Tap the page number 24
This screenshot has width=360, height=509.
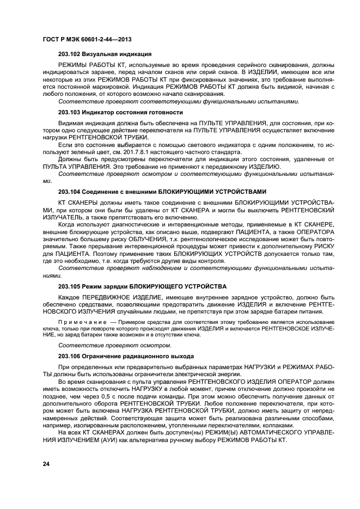(x=46, y=463)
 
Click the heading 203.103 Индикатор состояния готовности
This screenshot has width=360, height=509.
(x=120, y=112)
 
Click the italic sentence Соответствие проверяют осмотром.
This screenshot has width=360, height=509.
(x=115, y=345)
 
